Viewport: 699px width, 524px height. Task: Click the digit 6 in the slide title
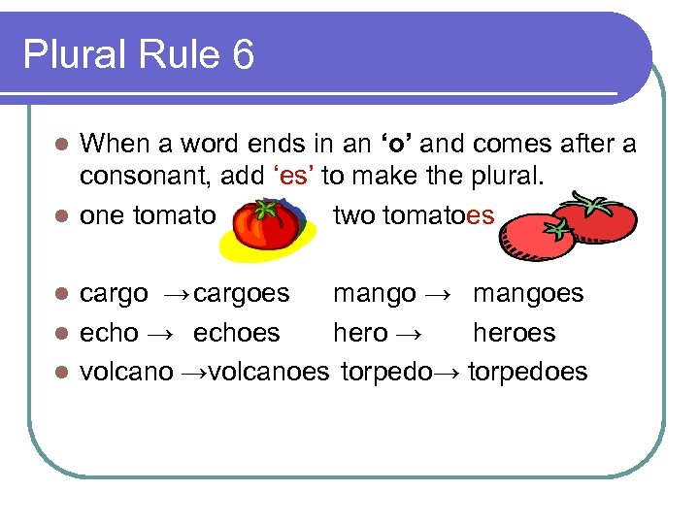(243, 55)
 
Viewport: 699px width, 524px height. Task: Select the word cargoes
(242, 293)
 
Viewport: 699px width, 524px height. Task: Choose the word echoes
(236, 332)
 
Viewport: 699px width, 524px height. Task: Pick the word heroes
(514, 332)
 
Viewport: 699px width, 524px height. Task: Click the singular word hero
(360, 332)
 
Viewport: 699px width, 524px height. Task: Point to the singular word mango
(375, 293)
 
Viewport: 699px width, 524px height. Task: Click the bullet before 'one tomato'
(60, 215)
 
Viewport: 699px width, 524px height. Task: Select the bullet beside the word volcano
(60, 371)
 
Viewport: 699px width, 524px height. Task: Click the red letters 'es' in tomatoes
(481, 215)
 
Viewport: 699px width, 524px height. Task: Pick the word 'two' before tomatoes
(353, 215)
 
